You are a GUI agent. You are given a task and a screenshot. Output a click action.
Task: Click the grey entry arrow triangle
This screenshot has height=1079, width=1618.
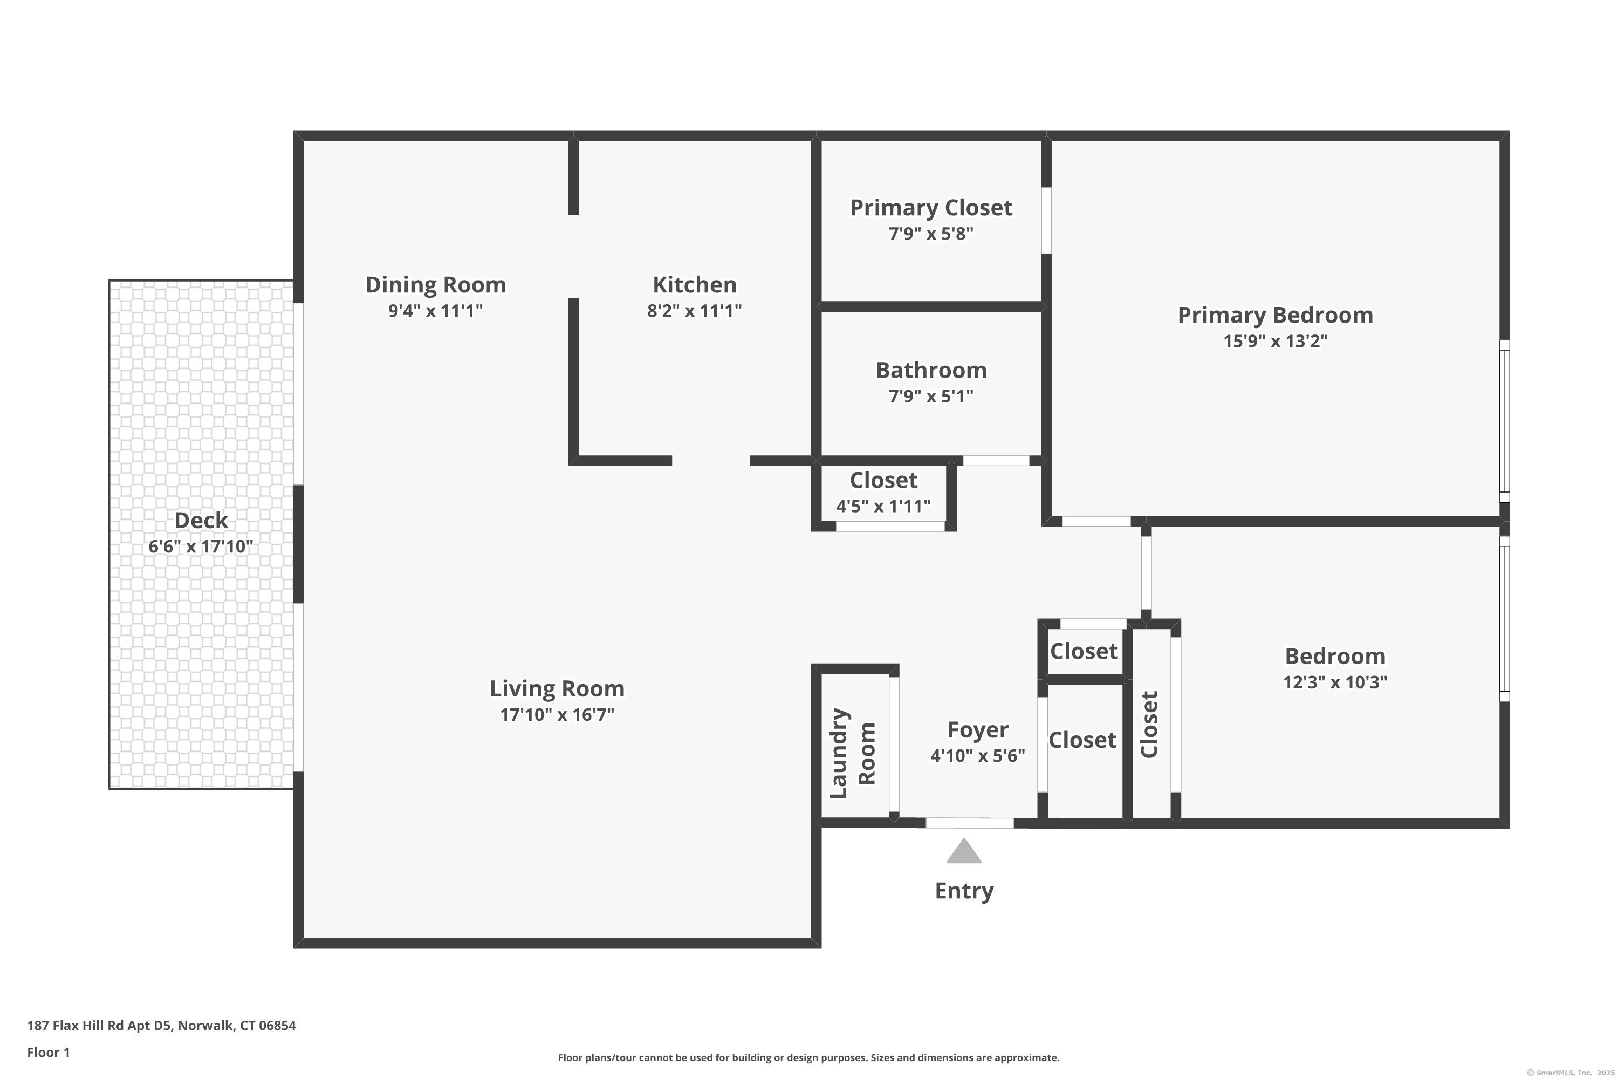[x=964, y=851]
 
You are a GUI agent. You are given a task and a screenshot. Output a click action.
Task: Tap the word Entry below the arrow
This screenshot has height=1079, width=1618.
[x=964, y=891]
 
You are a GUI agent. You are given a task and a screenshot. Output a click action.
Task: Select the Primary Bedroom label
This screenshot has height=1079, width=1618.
[x=1276, y=315]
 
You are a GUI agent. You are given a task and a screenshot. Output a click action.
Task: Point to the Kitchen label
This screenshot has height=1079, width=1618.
[x=694, y=285]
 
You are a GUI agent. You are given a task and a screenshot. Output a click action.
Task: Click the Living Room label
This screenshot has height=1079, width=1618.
[x=557, y=689]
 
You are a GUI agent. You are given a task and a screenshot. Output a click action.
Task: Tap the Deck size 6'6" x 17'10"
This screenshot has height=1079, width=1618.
[x=201, y=547]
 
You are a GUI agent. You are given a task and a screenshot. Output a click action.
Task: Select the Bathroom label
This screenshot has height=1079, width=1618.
[x=931, y=370]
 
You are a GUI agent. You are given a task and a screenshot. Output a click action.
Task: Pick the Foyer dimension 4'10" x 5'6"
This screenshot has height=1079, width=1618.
[x=977, y=756]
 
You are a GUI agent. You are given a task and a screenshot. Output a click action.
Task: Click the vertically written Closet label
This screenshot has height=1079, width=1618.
[x=1149, y=725]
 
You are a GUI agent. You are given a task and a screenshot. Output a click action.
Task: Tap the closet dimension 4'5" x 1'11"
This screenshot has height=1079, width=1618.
[x=883, y=507]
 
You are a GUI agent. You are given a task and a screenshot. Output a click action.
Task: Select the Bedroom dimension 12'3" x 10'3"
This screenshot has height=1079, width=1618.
[x=1334, y=682]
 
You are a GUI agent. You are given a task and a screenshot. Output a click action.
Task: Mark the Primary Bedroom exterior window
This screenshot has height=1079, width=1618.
[x=1505, y=421]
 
